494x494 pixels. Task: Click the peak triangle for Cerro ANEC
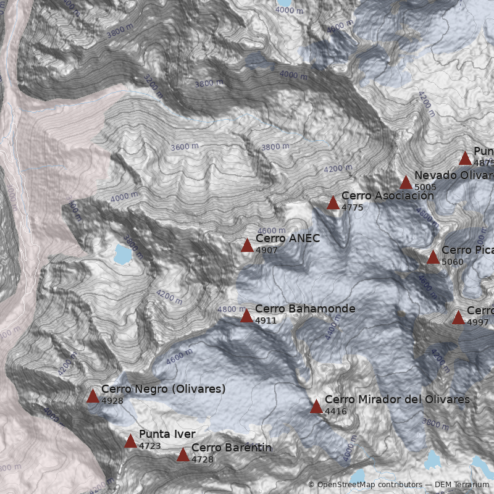pos(247,246)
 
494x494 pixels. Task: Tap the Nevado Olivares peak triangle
pos(406,182)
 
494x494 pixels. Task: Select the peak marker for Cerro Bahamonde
pos(246,316)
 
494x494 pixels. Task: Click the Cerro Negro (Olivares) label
pos(163,389)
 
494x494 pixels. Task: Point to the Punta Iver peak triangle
pos(130,441)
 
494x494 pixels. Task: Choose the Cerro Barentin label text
pos(232,448)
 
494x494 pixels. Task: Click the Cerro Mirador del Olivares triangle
pos(316,406)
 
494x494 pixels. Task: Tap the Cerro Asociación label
pos(387,196)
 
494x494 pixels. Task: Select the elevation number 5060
pos(453,262)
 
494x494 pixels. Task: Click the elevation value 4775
pos(352,207)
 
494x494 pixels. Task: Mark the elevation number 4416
pos(335,411)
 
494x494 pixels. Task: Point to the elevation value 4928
pos(112,401)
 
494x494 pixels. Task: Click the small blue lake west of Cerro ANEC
pos(123,253)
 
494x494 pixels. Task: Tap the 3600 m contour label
pos(185,147)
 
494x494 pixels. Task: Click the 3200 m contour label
pos(153,86)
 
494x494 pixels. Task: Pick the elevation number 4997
pos(477,322)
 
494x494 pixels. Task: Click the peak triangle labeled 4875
pos(465,159)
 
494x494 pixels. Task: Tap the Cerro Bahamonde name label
pos(305,309)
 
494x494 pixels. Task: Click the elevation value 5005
pos(425,186)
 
